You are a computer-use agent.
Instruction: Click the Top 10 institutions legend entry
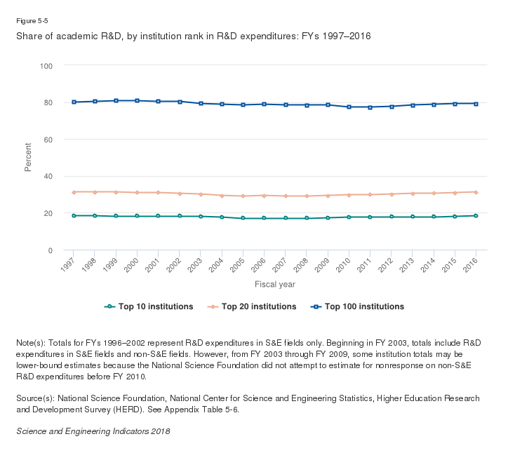tap(148, 306)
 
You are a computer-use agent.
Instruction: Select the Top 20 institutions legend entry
tap(252, 306)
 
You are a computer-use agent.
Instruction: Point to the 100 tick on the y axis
tap(48, 65)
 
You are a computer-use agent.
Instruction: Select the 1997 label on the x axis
tap(69, 264)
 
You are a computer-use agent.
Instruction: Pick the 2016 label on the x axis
tap(472, 264)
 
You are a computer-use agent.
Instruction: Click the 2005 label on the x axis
tap(239, 264)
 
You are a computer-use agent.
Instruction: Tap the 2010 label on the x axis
tap(345, 264)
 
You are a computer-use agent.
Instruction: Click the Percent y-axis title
tap(28, 158)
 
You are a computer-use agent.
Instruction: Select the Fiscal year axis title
tap(274, 284)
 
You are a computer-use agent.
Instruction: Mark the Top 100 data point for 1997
tap(74, 102)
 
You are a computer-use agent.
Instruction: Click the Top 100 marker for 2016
tap(476, 104)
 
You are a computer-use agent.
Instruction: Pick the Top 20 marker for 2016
tap(476, 192)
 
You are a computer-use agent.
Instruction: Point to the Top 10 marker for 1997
tap(74, 215)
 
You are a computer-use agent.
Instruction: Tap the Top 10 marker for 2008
tap(307, 218)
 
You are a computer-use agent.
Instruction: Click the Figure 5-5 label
tap(32, 21)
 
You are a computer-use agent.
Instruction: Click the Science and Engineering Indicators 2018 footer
tap(93, 431)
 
